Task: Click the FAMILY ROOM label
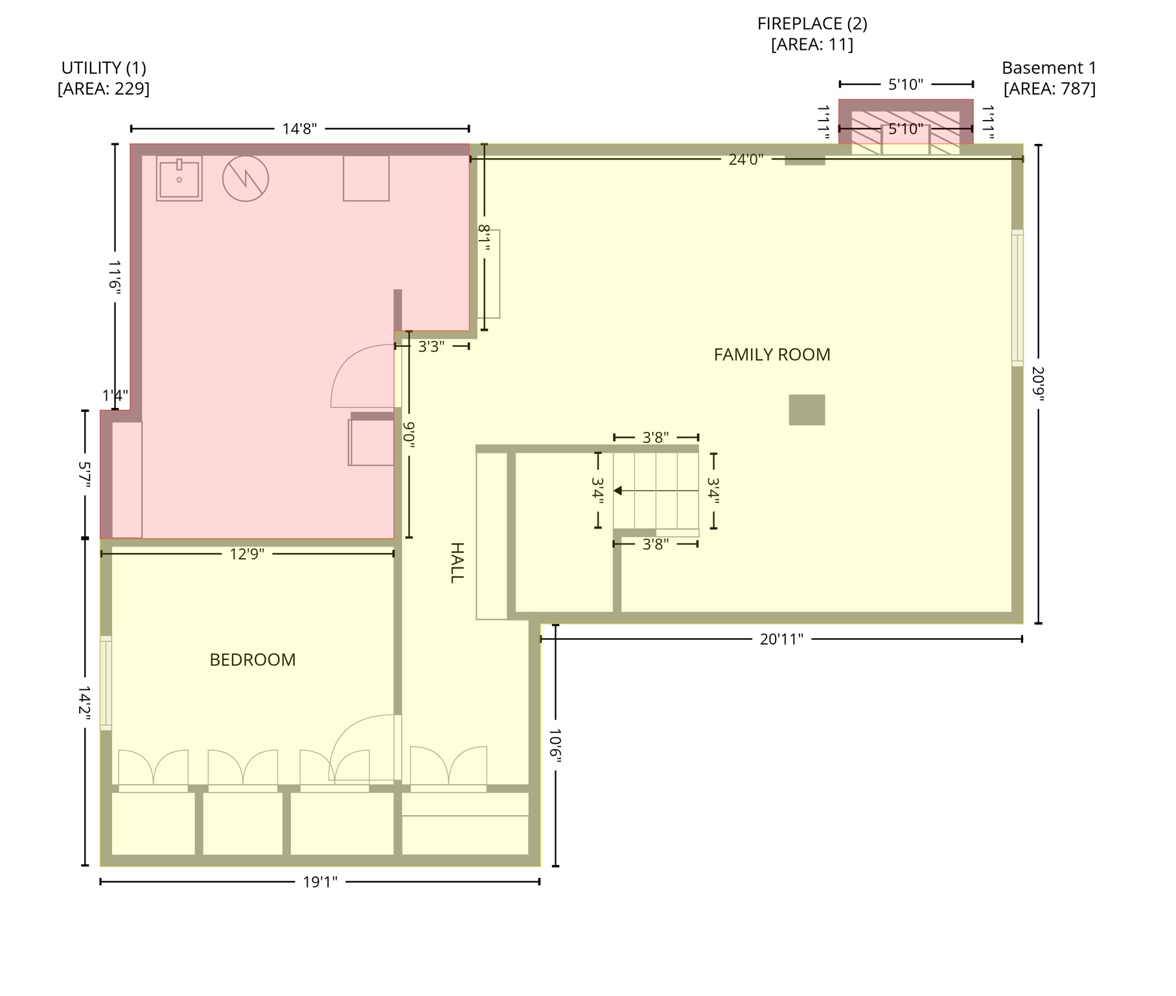[x=772, y=355]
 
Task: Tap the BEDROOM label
[x=253, y=659]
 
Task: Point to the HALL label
[x=457, y=563]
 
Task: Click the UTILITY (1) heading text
[x=104, y=67]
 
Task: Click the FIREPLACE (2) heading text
[x=812, y=23]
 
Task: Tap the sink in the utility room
[x=179, y=178]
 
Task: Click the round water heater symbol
[x=246, y=178]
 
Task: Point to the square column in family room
[x=807, y=410]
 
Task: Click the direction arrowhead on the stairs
[x=618, y=491]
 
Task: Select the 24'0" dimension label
[x=746, y=160]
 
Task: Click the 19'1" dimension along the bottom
[x=320, y=882]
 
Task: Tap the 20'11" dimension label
[x=781, y=639]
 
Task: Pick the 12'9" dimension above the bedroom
[x=247, y=554]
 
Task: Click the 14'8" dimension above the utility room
[x=299, y=128]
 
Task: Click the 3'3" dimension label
[x=431, y=347]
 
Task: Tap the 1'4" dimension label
[x=115, y=396]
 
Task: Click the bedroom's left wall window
[x=106, y=683]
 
